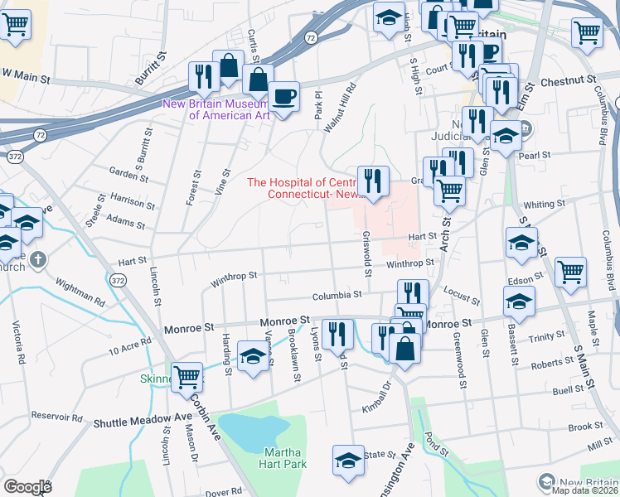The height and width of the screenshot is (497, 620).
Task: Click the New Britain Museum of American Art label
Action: coord(217,109)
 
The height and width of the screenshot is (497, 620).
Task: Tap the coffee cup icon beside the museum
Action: coord(284,96)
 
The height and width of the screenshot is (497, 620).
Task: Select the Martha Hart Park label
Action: coord(285,457)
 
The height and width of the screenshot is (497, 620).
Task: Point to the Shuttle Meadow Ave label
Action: coord(143,422)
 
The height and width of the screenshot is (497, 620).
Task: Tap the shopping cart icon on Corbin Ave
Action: coord(187,377)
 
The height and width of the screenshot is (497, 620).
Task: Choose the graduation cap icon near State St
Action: coord(348,461)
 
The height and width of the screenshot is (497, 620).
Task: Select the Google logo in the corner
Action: coord(27,487)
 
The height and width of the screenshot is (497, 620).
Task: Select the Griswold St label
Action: coord(366,268)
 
